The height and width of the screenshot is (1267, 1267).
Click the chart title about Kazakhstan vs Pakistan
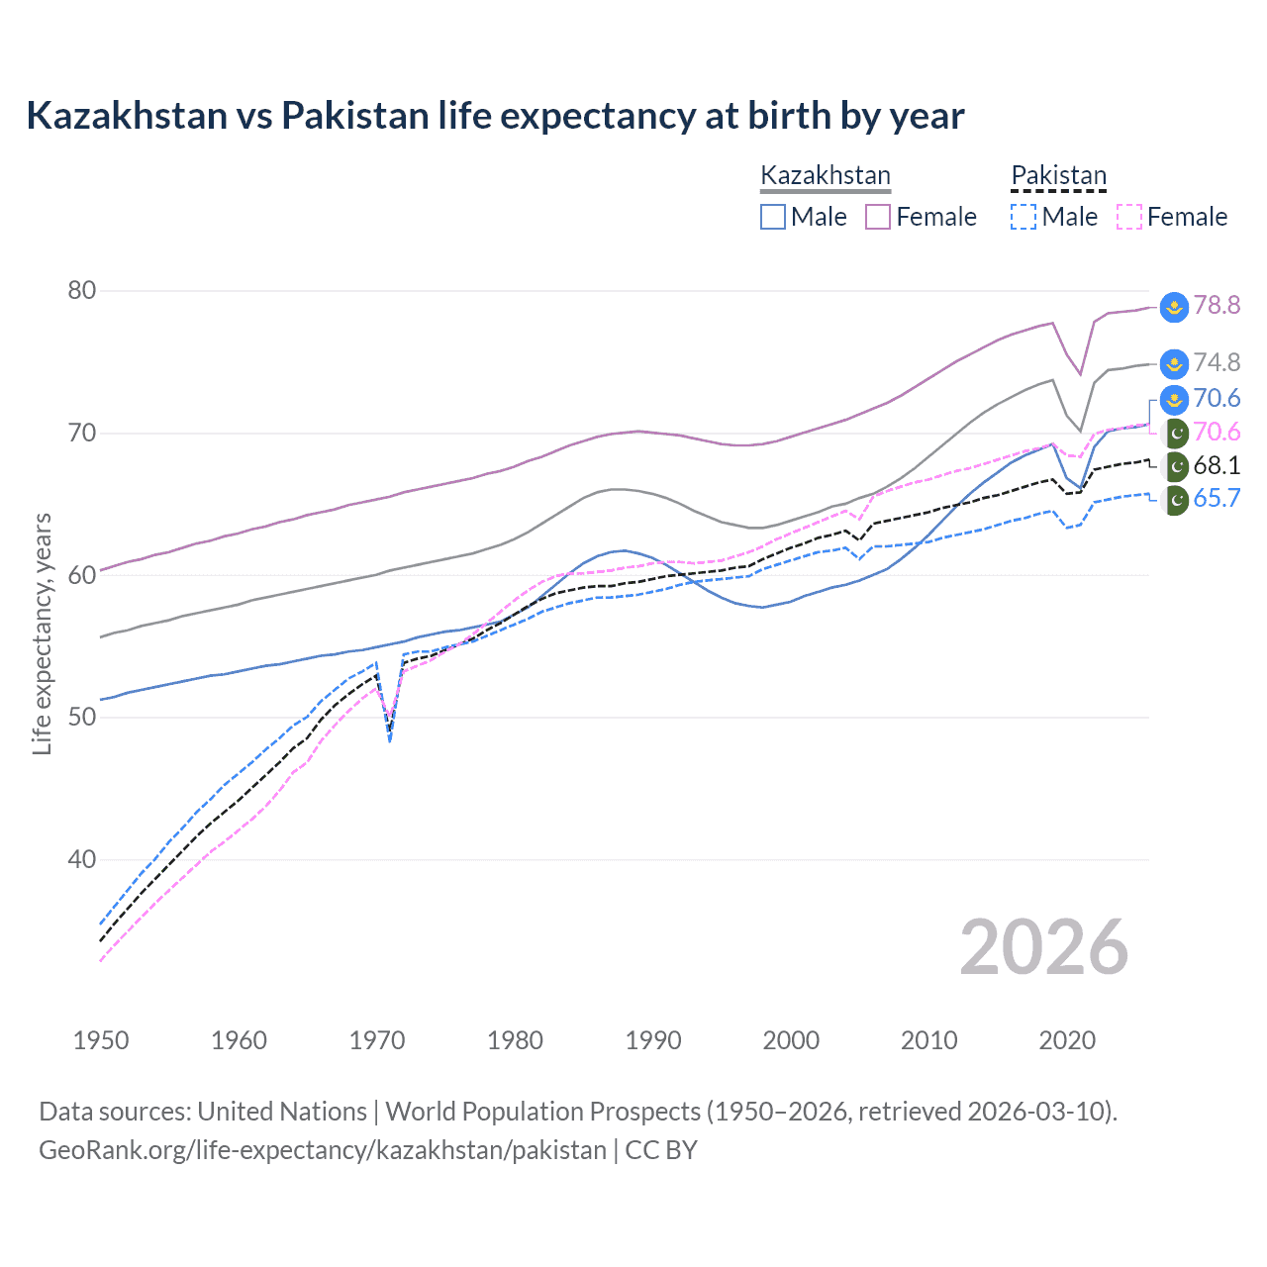[495, 116]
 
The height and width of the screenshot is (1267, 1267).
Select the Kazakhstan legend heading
[826, 176]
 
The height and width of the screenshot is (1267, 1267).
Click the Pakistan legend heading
[1058, 176]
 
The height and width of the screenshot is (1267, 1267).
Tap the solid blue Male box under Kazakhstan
[773, 217]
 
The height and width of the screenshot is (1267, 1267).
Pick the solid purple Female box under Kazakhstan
[878, 217]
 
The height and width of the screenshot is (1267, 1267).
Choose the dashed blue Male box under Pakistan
[1023, 217]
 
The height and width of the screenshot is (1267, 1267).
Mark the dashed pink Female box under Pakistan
[1128, 217]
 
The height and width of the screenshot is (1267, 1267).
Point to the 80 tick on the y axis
[82, 291]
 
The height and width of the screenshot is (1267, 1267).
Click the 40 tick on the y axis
[82, 859]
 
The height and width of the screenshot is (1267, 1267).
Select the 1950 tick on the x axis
[101, 1040]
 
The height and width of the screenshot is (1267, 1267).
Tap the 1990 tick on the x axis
[653, 1040]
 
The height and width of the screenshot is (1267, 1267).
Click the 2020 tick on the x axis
[1067, 1040]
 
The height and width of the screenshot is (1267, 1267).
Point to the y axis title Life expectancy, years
[42, 633]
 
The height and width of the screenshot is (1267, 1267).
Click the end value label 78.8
[1217, 306]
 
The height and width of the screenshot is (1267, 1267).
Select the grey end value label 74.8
[1217, 363]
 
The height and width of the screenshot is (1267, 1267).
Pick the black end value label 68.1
[1217, 466]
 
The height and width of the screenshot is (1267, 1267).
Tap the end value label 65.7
[1217, 499]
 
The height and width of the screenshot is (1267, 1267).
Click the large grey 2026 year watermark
[1043, 947]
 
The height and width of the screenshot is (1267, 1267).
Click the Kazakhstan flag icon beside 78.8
[1174, 307]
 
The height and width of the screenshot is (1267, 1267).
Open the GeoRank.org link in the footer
[323, 1150]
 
